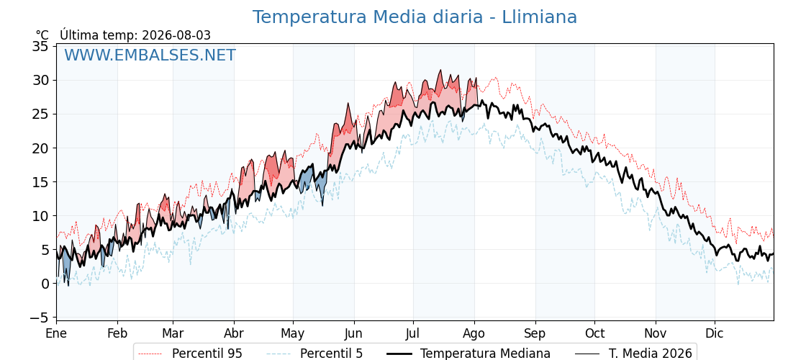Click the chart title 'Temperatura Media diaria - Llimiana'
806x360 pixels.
[x=415, y=17]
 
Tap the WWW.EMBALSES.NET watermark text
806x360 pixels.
[x=150, y=55]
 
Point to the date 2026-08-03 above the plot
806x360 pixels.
[x=176, y=35]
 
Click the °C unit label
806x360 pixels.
[x=42, y=35]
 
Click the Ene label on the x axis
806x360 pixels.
[x=56, y=334]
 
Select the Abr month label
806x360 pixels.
[x=234, y=334]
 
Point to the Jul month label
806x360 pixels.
[x=413, y=334]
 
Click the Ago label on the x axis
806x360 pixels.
[x=474, y=334]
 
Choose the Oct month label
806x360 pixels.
[x=594, y=334]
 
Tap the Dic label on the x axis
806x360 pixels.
[x=715, y=334]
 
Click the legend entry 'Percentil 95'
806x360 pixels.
[x=207, y=354]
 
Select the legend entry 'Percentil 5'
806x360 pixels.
[x=331, y=354]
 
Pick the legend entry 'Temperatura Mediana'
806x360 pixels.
[x=485, y=354]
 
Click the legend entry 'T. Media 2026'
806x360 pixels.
[x=651, y=354]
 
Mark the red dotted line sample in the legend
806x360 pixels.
[x=150, y=354]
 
